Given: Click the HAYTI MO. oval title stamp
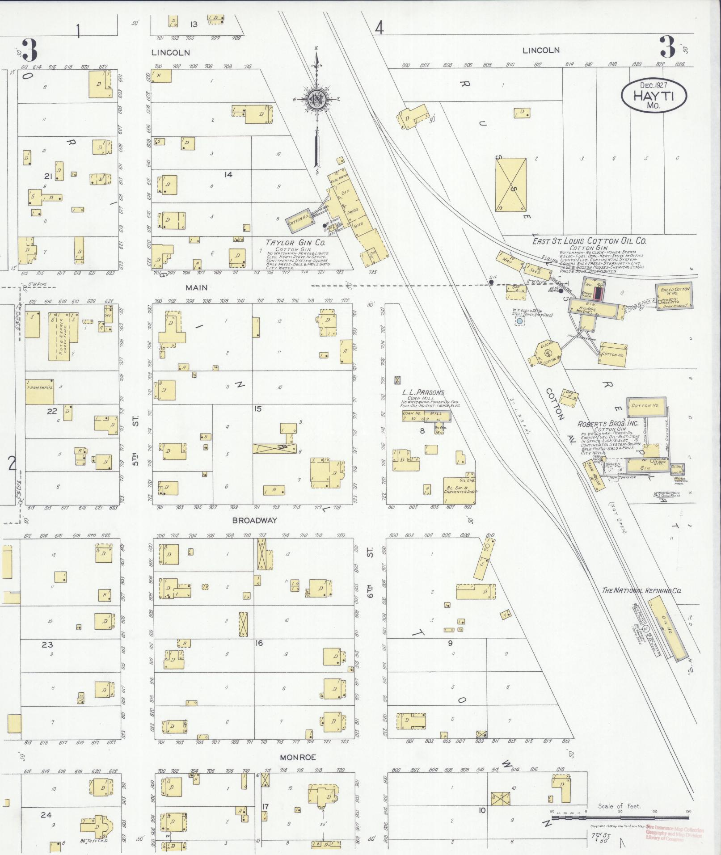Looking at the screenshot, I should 654,95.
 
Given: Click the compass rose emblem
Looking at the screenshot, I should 316,99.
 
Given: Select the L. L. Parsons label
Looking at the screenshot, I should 423,392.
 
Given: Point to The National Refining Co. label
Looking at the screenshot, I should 641,590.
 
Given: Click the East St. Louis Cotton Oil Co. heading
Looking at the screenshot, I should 589,241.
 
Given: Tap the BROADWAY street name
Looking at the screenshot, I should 254,520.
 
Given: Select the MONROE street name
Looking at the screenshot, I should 298,757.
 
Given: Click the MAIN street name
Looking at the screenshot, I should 197,287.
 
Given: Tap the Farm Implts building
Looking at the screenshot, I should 39,387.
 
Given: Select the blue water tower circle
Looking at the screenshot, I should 519,321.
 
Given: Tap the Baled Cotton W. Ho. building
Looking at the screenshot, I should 673,295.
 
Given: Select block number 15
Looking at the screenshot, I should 257,409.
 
